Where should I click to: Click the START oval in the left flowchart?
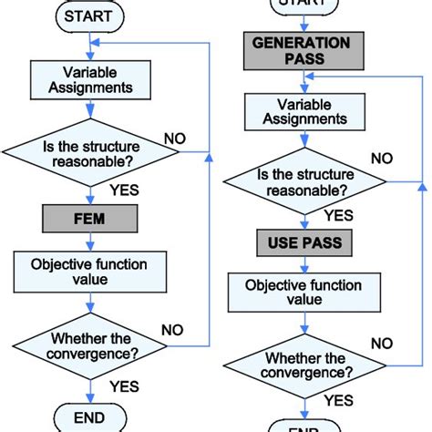coord(89,15)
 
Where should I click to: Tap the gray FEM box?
coord(89,218)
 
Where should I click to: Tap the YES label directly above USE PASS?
coord(338,216)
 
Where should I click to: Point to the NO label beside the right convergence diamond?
coord(381,344)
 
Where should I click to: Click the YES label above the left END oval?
coord(125,386)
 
